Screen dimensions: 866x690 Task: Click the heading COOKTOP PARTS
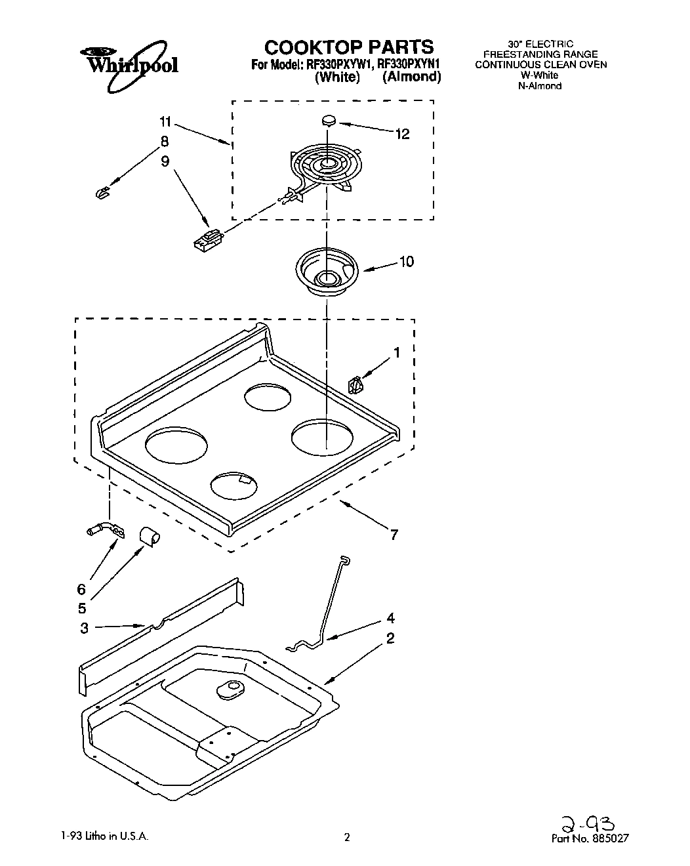(348, 47)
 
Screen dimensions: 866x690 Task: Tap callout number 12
(402, 134)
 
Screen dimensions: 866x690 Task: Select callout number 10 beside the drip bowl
(406, 262)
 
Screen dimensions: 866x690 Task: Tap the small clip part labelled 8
(101, 192)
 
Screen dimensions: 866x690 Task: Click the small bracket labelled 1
(355, 384)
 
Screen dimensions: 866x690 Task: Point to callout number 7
(394, 535)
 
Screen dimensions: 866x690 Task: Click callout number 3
(84, 628)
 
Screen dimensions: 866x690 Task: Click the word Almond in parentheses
(412, 77)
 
